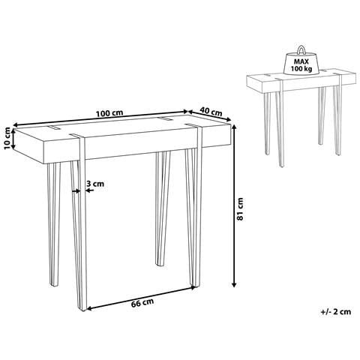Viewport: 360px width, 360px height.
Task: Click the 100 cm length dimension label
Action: tap(109, 113)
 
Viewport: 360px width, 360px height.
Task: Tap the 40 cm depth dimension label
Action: tap(211, 112)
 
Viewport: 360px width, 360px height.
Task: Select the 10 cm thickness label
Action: tap(7, 138)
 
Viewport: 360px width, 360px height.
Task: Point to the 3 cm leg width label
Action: tap(95, 184)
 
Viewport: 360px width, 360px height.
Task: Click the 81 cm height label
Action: tap(240, 209)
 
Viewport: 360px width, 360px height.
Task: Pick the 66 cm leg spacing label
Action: tap(142, 302)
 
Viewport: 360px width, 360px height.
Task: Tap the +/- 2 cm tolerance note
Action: tap(336, 311)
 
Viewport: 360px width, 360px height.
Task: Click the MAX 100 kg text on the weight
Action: tap(301, 64)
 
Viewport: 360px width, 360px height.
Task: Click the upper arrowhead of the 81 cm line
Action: tap(234, 127)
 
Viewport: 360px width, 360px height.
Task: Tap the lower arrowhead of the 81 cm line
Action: tap(234, 284)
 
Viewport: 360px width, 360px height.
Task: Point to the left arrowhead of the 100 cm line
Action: tap(16, 124)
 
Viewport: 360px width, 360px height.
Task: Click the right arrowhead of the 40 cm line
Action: tap(228, 119)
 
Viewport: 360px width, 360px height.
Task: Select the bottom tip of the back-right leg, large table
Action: tap(160, 265)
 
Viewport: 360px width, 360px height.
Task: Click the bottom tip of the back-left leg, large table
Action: tap(54, 285)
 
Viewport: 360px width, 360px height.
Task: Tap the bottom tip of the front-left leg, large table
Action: tap(83, 310)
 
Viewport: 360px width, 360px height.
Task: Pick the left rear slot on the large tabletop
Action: tap(54, 127)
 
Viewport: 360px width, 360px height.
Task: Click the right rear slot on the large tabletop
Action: tap(163, 119)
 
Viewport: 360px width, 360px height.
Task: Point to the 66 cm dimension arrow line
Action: tap(141, 298)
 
